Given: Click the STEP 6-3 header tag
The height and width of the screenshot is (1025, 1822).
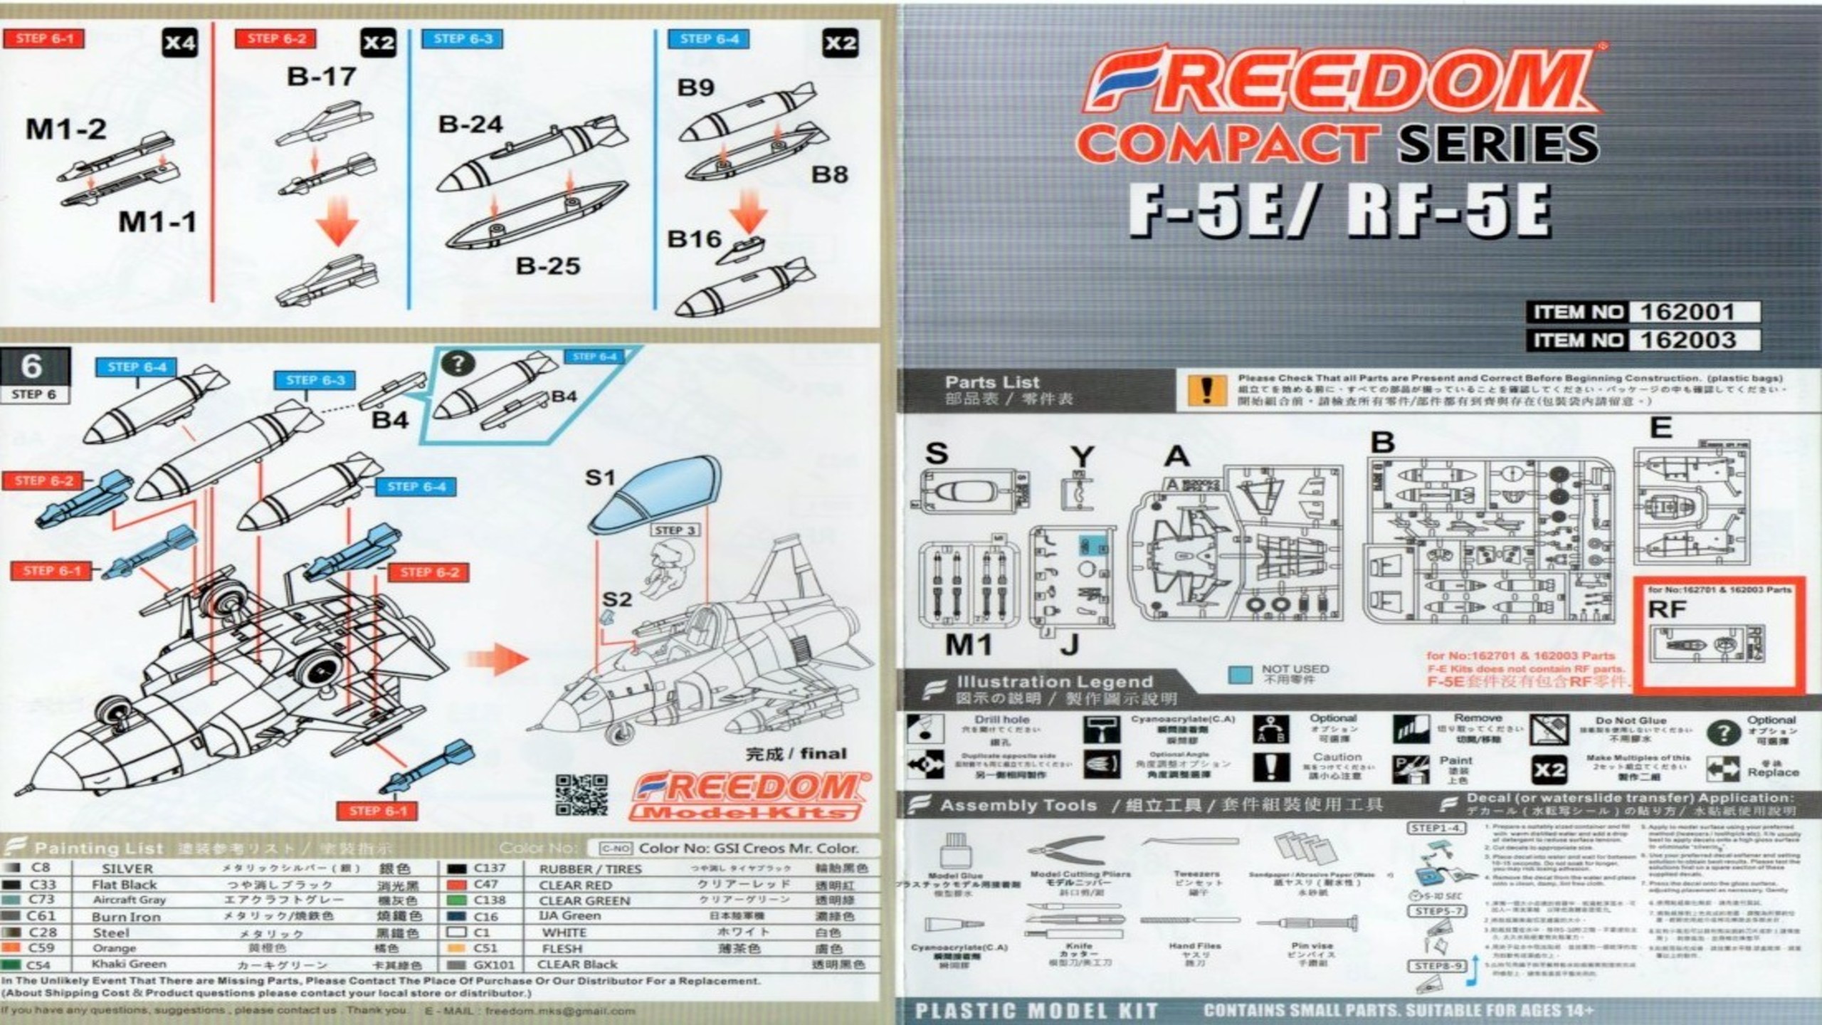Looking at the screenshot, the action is point(463,39).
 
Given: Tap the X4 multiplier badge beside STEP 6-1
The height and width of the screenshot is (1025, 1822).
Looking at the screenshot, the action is point(179,43).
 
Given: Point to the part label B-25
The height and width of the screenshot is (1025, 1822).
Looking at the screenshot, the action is point(547,266).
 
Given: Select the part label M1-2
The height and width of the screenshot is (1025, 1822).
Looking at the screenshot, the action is point(66,130).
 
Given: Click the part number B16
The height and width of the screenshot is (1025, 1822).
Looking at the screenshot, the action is point(694,239).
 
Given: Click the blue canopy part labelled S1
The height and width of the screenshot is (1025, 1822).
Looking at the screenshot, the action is point(655,494).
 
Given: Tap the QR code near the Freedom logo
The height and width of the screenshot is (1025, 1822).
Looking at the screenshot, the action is point(581,794).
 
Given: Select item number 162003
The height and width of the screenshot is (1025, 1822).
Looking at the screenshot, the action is point(1688,340).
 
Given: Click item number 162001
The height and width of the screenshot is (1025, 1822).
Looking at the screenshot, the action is point(1687,312).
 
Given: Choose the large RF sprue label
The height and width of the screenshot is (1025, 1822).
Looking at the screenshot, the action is point(1667,609).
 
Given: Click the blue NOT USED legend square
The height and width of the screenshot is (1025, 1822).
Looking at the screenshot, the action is point(1241,675).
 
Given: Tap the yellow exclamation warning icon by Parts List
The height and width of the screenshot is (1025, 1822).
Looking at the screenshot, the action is point(1206,390).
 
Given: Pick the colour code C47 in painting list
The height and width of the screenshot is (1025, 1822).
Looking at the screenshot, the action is point(485,885).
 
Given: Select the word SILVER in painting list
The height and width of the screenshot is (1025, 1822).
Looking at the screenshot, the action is point(127,869).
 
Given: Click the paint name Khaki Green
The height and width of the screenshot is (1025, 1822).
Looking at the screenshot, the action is point(129,964).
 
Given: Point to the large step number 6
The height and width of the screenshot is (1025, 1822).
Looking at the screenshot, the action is point(32,367).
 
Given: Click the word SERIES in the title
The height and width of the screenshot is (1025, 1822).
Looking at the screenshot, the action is point(1498,142).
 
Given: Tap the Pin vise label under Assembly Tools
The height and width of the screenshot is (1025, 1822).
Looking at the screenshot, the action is point(1311,946).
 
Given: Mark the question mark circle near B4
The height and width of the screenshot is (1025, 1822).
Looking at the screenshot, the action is point(458,364).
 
